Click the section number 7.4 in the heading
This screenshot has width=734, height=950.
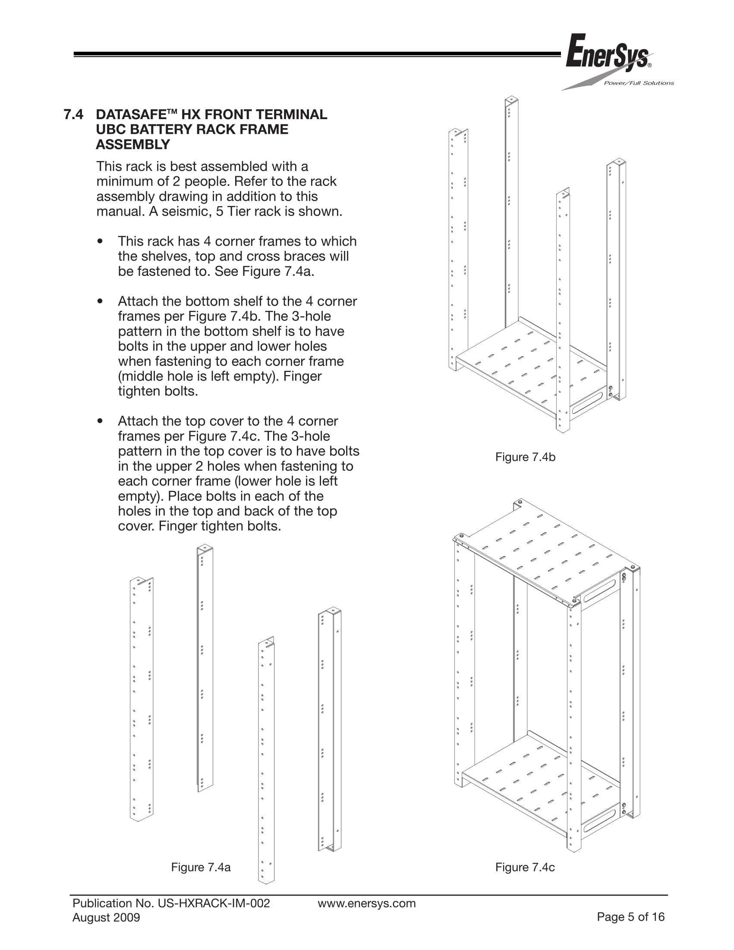click(x=73, y=114)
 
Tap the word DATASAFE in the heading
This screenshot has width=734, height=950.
click(x=131, y=115)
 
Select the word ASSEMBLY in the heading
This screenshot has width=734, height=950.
click(x=132, y=145)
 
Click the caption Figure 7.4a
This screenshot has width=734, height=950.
click(x=201, y=868)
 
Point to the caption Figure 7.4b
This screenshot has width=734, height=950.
click(x=525, y=457)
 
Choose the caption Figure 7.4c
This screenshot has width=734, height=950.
click(x=525, y=868)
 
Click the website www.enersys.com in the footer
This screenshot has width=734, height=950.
click(x=366, y=903)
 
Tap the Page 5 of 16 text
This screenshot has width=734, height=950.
click(x=630, y=917)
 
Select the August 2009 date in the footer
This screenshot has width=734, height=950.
click(x=106, y=918)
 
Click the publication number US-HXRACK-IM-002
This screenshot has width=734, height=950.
click(x=214, y=903)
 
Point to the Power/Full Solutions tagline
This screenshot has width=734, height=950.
click(x=639, y=83)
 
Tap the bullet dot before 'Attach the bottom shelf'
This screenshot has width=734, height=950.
click(x=101, y=301)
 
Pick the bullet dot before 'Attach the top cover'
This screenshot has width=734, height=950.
click(x=101, y=421)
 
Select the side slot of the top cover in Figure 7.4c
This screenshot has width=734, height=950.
click(x=600, y=591)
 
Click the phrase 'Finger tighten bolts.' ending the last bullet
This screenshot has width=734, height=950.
click(x=220, y=526)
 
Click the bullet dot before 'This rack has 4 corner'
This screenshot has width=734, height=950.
click(x=101, y=241)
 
